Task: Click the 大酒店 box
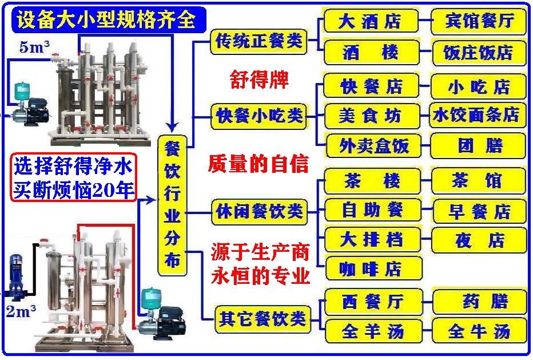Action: pyautogui.click(x=371, y=21)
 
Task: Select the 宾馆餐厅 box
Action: pyautogui.click(x=479, y=21)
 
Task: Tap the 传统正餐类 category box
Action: pyautogui.click(x=258, y=42)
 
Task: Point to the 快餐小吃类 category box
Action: pyautogui.click(x=259, y=116)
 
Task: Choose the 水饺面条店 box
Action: pyautogui.click(x=478, y=116)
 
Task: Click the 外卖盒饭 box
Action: pyautogui.click(x=373, y=146)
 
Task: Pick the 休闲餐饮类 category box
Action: pyautogui.click(x=260, y=212)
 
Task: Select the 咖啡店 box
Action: pyautogui.click(x=373, y=268)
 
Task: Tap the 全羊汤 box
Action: pyautogui.click(x=373, y=330)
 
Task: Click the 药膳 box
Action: pyautogui.click(x=480, y=302)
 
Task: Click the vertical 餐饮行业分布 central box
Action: pyautogui.click(x=172, y=205)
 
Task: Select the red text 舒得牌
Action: pyautogui.click(x=259, y=80)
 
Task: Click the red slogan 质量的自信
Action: pyautogui.click(x=258, y=164)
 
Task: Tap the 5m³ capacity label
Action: pyautogui.click(x=34, y=46)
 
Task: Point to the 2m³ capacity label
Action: pyautogui.click(x=21, y=311)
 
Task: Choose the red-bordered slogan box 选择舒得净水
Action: pyautogui.click(x=73, y=177)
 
